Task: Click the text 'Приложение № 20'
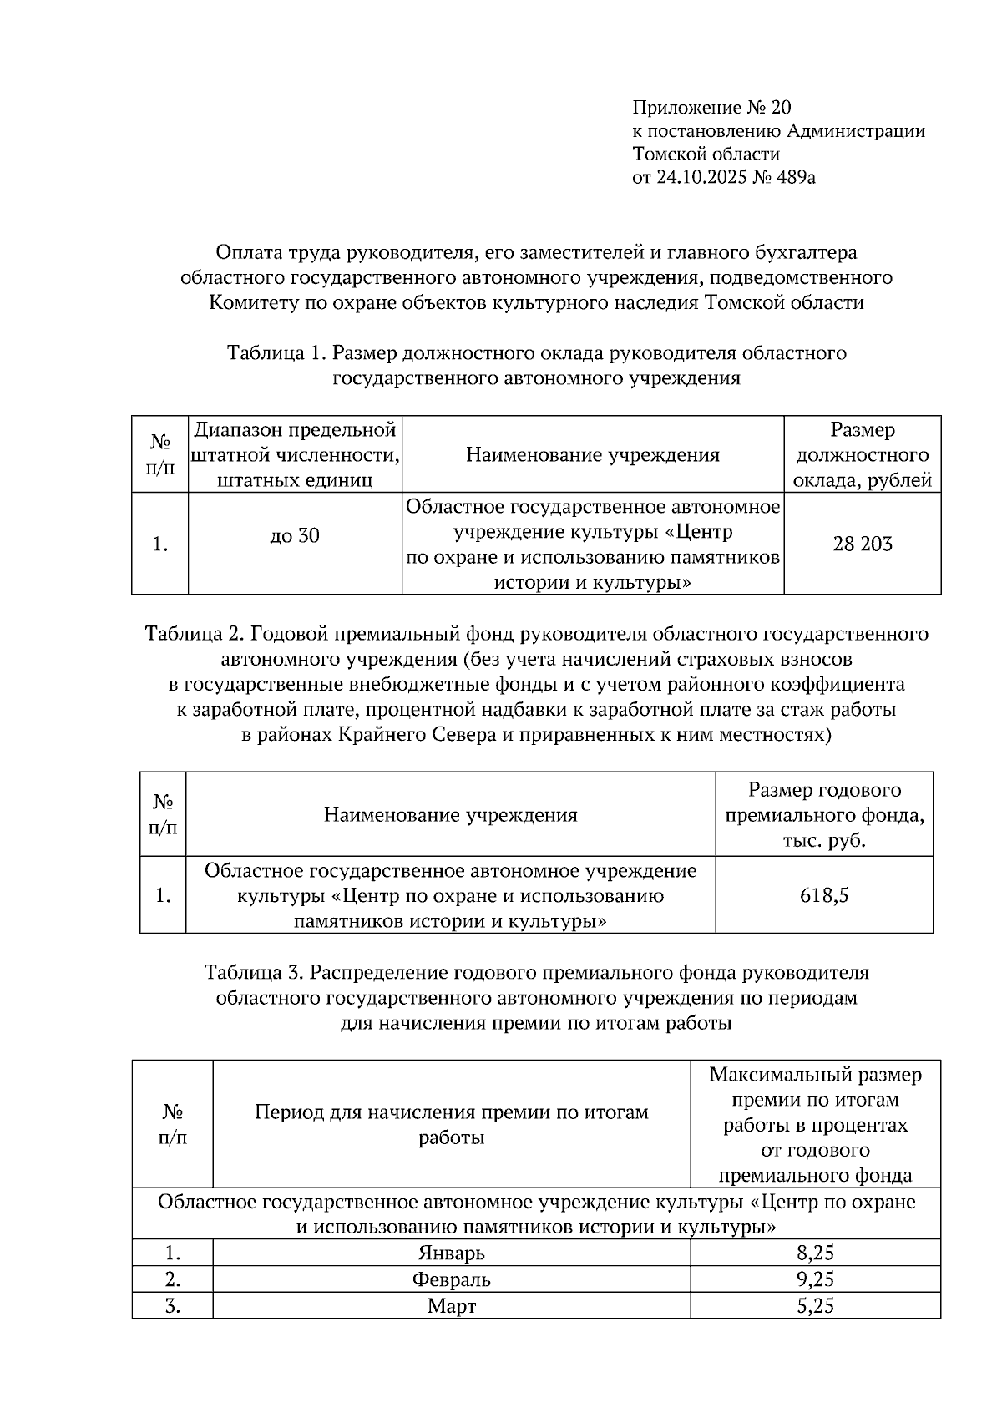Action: point(711,108)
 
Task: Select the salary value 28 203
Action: point(862,544)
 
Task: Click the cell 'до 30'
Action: point(295,536)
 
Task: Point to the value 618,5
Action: point(823,895)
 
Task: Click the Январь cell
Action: point(451,1253)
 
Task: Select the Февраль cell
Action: point(451,1279)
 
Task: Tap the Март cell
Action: point(451,1306)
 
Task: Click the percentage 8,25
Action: point(815,1253)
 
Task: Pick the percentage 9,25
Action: point(815,1279)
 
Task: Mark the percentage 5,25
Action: point(815,1306)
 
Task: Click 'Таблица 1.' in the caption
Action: point(276,353)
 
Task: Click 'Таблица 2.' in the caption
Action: point(194,634)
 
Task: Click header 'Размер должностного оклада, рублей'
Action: point(862,455)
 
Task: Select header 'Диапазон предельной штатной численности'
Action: point(295,455)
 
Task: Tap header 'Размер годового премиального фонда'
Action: point(823,814)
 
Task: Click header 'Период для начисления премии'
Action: point(451,1124)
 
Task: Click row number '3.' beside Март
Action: point(173,1306)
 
